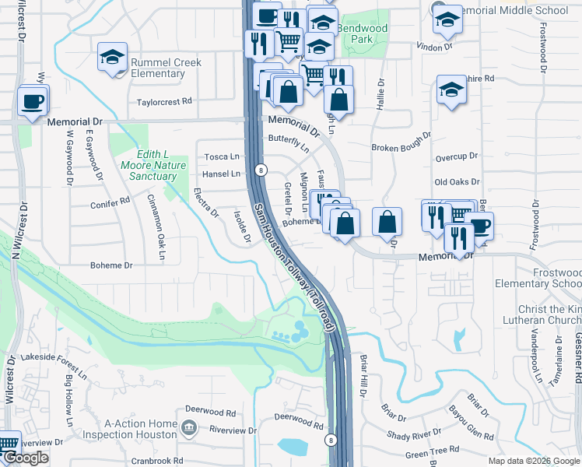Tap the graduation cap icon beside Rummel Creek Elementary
tap(112, 58)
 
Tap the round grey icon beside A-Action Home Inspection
tap(189, 428)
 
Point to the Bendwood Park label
tap(362, 33)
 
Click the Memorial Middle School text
tap(514, 10)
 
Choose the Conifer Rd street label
tap(110, 202)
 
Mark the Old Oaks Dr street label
tap(457, 181)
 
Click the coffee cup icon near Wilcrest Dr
tap(33, 101)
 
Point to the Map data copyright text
tap(534, 461)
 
